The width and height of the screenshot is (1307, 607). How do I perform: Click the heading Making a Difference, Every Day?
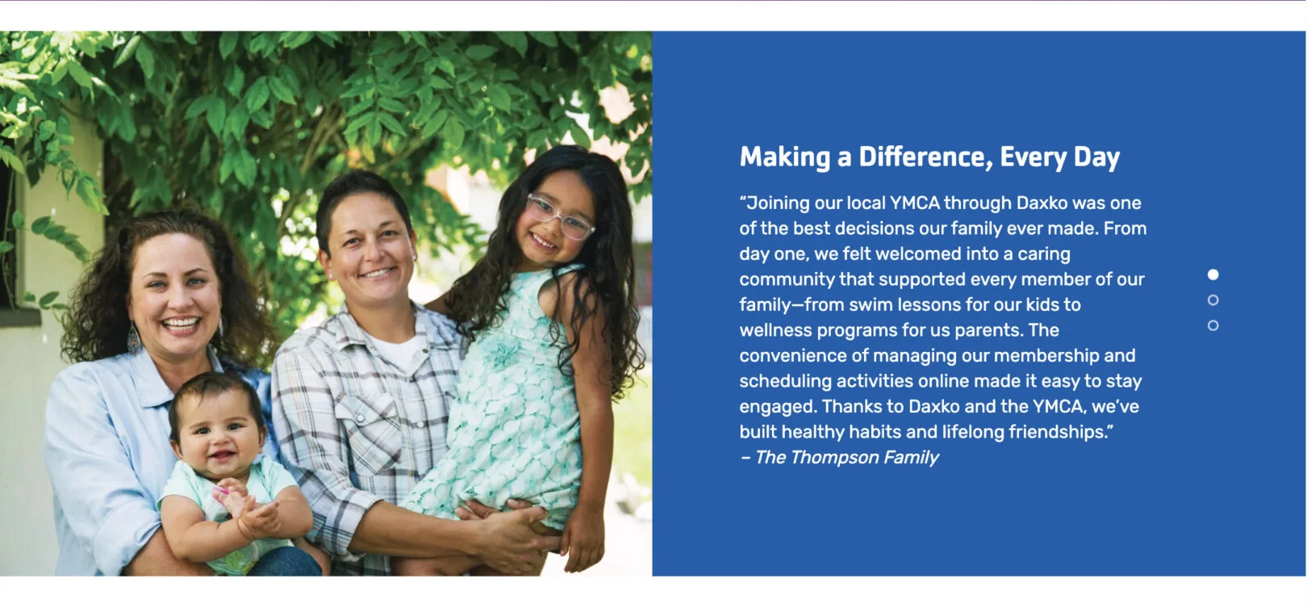point(929,157)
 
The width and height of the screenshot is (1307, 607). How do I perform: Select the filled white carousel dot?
point(1213,274)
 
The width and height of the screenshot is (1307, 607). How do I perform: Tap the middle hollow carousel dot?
point(1213,300)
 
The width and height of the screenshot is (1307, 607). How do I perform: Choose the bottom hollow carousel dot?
point(1213,325)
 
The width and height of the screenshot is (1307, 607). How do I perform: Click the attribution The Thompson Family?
point(846,457)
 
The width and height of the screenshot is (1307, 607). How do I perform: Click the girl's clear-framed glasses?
point(559,217)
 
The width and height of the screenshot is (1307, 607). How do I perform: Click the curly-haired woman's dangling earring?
point(134,338)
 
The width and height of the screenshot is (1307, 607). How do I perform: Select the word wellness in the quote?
point(775,330)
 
